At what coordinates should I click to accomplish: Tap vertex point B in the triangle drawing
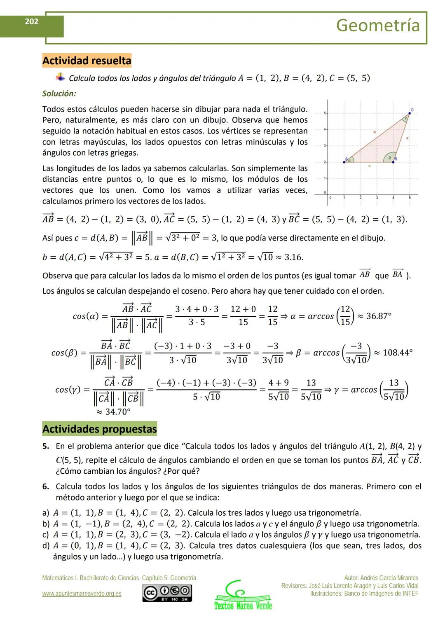point(393,162)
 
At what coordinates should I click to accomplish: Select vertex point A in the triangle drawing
point(344,162)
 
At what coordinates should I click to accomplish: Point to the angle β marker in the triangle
point(388,157)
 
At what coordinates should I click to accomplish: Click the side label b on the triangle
point(374,132)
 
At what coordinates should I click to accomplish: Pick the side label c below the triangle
point(369,166)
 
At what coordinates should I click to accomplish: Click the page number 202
point(32,21)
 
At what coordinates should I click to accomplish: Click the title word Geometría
point(378,26)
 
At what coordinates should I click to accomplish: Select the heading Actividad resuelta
point(87,61)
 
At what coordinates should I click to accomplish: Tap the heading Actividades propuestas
point(99,429)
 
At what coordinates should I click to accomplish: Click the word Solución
point(59,94)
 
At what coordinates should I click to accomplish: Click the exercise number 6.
point(46,486)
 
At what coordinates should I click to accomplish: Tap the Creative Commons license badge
point(167,593)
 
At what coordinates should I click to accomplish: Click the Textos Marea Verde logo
point(243,596)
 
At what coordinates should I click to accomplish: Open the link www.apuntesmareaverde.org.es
point(82,594)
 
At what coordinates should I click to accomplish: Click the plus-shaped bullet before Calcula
point(61,77)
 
